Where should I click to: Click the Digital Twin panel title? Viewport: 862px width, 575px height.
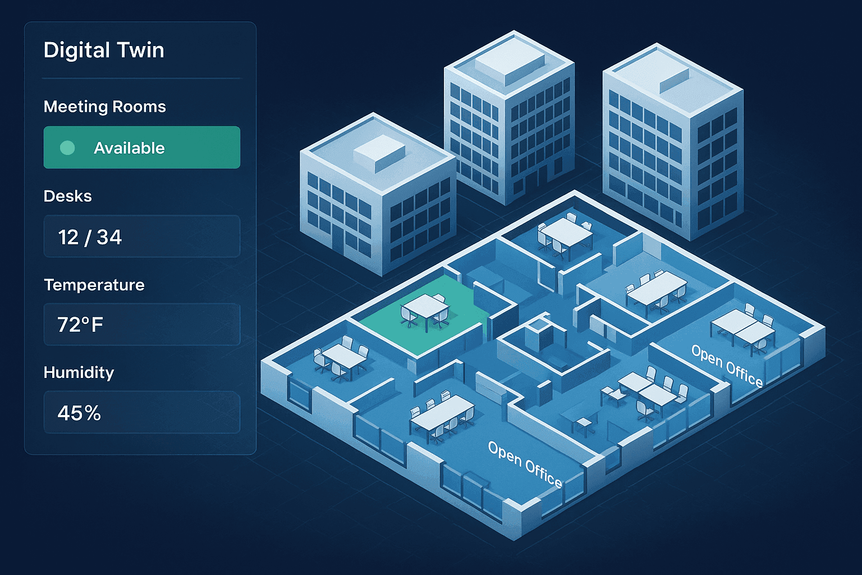click(x=104, y=51)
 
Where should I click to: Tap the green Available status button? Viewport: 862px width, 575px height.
click(x=141, y=147)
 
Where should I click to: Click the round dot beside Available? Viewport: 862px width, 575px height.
click(x=67, y=148)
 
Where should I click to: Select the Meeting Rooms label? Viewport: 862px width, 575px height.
click(x=105, y=107)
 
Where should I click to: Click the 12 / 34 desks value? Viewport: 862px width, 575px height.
click(x=90, y=237)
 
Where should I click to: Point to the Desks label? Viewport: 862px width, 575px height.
click(x=68, y=196)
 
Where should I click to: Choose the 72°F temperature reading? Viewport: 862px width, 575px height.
click(x=80, y=325)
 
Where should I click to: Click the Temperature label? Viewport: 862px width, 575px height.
click(x=94, y=285)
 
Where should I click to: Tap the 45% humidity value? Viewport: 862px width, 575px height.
click(x=79, y=413)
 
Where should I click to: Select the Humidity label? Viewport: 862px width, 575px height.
click(x=79, y=372)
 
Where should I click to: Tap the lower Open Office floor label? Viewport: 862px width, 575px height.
click(x=525, y=464)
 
